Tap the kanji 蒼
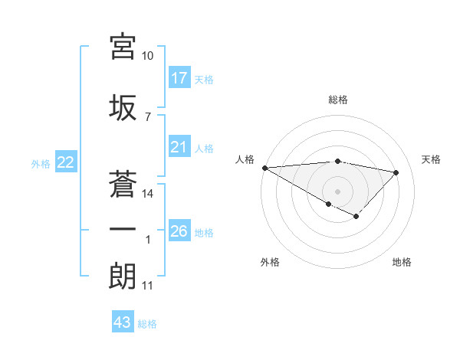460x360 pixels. [123, 182]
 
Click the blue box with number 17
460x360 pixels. [179, 78]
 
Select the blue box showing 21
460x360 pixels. [179, 148]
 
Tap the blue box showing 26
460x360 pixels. [179, 231]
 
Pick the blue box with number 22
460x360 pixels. [66, 162]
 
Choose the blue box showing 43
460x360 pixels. [123, 322]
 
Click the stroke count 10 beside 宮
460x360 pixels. [147, 56]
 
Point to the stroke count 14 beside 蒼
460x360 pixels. [147, 194]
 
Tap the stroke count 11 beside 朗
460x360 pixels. [147, 286]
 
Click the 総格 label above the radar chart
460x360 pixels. [337, 100]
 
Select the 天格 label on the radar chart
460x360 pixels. [432, 159]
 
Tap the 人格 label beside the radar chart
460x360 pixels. [245, 159]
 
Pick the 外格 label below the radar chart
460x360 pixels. [270, 263]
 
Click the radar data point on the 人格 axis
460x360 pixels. [264, 168]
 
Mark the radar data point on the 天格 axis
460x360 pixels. [396, 172]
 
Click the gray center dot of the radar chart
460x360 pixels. [337, 191]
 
